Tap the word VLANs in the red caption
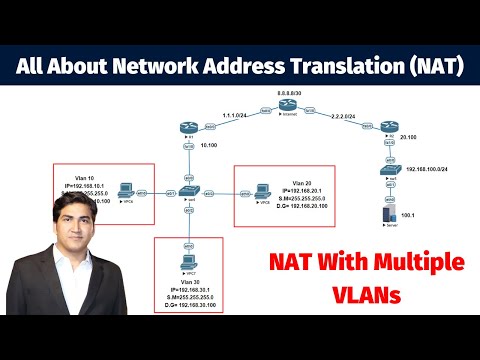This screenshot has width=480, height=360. pyautogui.click(x=368, y=298)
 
